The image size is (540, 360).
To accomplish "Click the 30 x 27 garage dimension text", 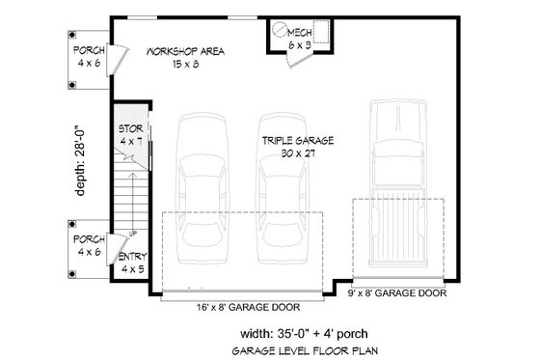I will point(297,152).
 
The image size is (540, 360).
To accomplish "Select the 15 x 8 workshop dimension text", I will point(186,65).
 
